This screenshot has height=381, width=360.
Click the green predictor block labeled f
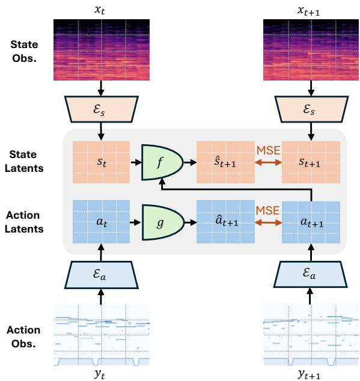click(x=162, y=162)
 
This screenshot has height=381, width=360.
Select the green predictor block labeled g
click(x=163, y=222)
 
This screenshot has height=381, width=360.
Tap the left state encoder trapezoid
click(x=102, y=109)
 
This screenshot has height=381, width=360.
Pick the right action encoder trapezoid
click(x=310, y=274)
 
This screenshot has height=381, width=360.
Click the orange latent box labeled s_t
click(x=101, y=162)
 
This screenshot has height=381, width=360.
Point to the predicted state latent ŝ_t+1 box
click(x=225, y=162)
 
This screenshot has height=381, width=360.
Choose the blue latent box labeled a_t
click(x=101, y=222)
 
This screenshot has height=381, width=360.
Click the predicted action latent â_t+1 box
click(x=225, y=222)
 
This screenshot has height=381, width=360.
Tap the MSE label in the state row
click(x=269, y=151)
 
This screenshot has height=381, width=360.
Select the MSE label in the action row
click(x=267, y=211)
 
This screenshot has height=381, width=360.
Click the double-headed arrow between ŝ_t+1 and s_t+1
click(x=269, y=163)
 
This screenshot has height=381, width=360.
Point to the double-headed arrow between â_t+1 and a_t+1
click(x=269, y=222)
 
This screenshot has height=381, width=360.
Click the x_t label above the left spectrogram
click(x=100, y=10)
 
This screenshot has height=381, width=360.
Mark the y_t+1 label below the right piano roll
click(x=309, y=374)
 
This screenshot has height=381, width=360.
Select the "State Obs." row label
click(x=24, y=52)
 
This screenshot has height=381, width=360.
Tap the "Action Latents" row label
click(x=24, y=222)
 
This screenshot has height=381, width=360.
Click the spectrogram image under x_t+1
click(x=311, y=50)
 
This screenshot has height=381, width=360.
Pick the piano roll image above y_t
click(x=102, y=335)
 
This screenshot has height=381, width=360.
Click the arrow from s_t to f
click(x=136, y=162)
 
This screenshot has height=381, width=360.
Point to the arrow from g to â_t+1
click(x=191, y=222)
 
